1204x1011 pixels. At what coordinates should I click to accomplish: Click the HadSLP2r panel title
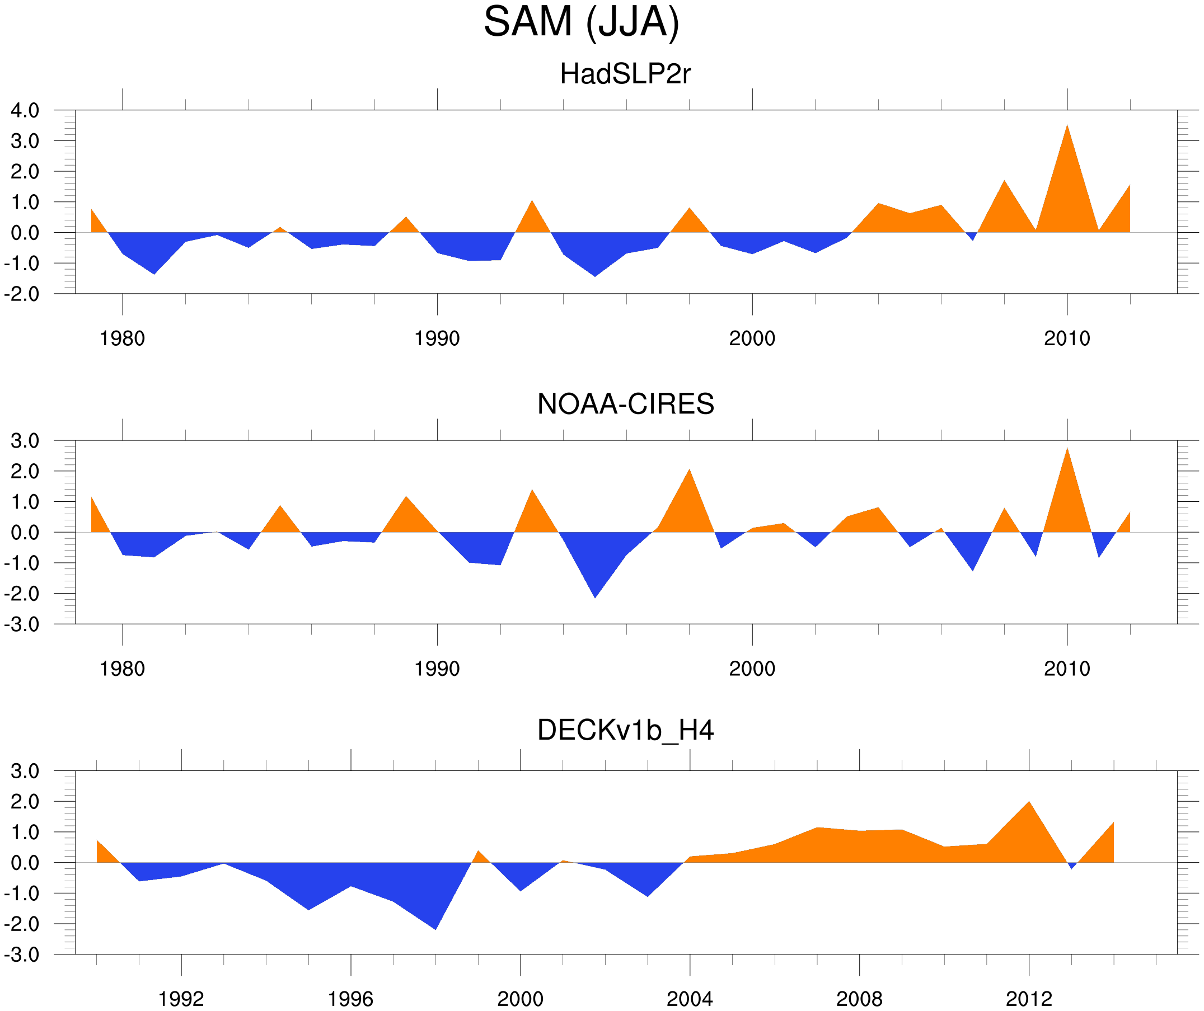[x=625, y=74]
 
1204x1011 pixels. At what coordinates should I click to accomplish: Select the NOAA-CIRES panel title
[x=625, y=405]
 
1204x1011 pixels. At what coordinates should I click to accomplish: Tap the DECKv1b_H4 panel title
[x=625, y=731]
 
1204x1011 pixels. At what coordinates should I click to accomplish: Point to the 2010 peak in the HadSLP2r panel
[x=1066, y=127]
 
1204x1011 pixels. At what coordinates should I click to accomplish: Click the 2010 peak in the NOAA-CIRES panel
[x=1066, y=450]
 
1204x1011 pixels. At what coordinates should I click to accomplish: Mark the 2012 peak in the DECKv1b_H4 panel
[x=1029, y=803]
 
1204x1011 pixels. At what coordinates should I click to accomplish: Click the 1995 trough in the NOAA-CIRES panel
[x=595, y=596]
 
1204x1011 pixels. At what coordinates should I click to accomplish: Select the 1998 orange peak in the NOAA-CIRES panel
[x=689, y=471]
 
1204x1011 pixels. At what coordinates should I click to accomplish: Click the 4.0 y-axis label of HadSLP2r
[x=25, y=111]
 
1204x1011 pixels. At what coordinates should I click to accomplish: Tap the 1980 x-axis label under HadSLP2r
[x=122, y=338]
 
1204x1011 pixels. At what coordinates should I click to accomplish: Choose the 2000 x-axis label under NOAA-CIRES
[x=752, y=669]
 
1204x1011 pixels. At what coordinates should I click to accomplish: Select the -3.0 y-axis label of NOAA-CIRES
[x=22, y=624]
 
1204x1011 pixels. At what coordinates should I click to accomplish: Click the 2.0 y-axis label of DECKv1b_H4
[x=25, y=802]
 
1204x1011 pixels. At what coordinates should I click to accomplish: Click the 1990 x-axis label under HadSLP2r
[x=437, y=338]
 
